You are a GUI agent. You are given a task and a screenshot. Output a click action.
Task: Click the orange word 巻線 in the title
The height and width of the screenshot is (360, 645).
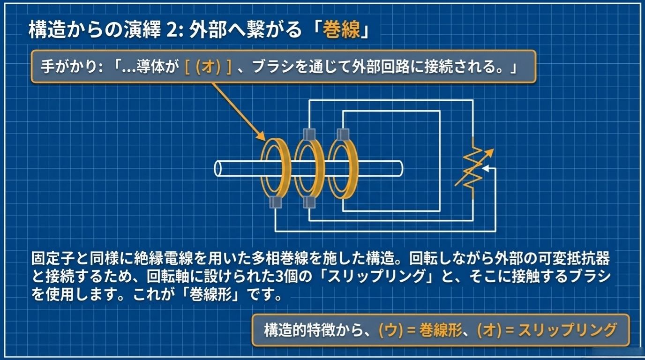(x=344, y=31)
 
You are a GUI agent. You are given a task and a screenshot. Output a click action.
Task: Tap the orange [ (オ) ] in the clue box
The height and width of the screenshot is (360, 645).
(x=208, y=67)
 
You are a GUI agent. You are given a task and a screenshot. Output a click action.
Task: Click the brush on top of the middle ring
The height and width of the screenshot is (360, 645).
(x=308, y=134)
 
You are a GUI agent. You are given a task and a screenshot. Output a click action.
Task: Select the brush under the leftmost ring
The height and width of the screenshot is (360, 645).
(x=275, y=202)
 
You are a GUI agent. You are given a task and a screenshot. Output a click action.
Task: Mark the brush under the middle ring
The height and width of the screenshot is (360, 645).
(x=308, y=202)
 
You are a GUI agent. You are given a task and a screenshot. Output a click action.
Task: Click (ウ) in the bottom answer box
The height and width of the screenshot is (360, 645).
(x=390, y=330)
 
